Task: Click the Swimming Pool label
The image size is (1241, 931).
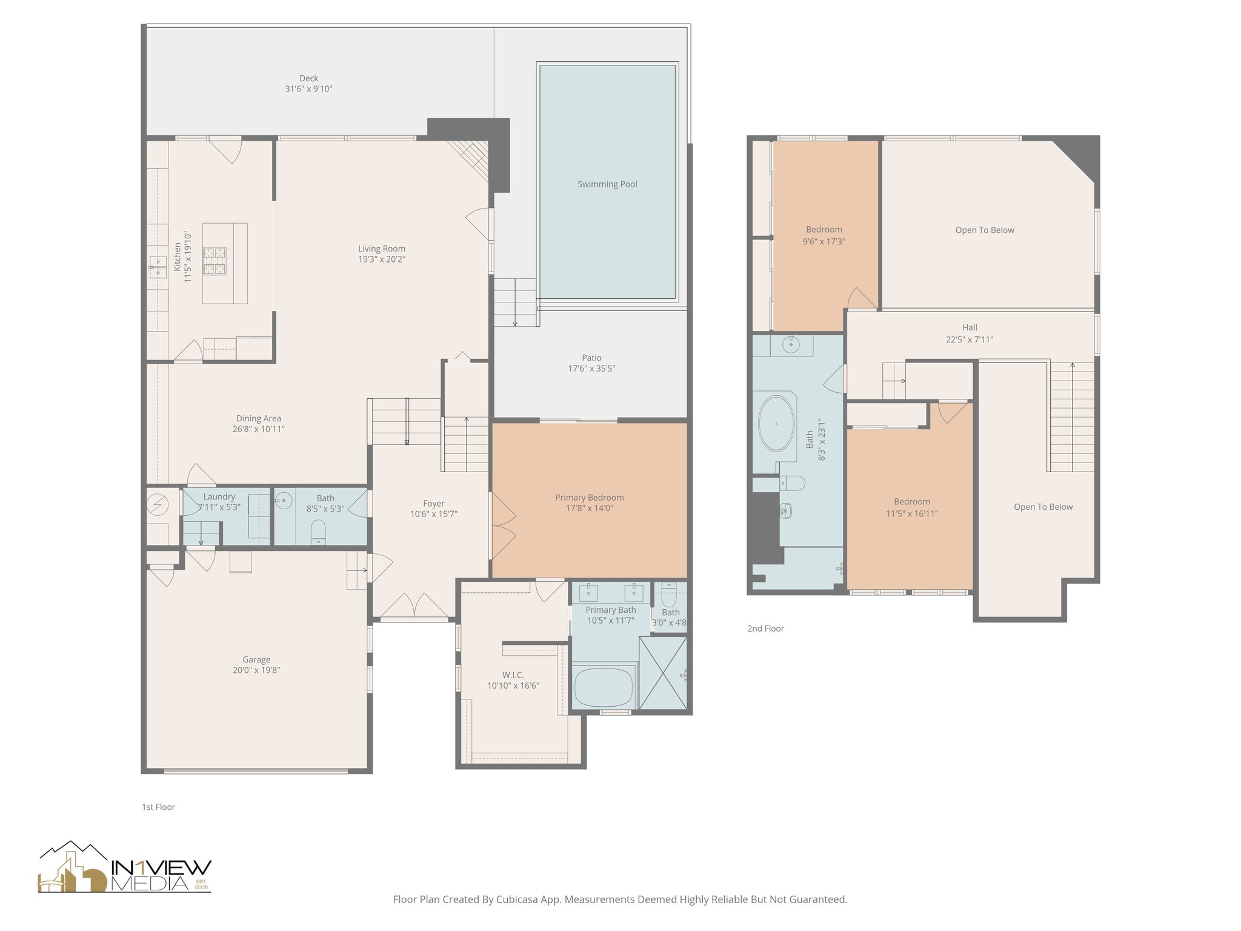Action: [x=607, y=184]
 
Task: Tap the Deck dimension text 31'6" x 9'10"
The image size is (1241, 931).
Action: [x=308, y=89]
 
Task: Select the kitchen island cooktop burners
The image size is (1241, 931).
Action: [x=214, y=261]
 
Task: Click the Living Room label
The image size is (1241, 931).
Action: [x=381, y=249]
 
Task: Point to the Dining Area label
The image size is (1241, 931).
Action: [x=258, y=418]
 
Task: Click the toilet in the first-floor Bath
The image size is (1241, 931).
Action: [x=318, y=532]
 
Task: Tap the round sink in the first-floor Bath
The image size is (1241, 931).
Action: [x=283, y=501]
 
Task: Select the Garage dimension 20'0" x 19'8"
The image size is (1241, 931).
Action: [x=256, y=670]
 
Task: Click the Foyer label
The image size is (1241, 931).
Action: [x=433, y=504]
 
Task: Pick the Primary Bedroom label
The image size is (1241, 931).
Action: [x=589, y=498]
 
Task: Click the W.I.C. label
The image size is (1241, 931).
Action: [x=513, y=675]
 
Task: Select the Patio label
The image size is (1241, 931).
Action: [x=591, y=358]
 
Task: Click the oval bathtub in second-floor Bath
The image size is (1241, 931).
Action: [x=776, y=423]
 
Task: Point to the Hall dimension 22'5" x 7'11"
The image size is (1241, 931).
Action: [x=970, y=339]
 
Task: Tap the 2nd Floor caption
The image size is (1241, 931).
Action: [x=765, y=629]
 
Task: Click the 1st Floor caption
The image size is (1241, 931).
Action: [x=158, y=807]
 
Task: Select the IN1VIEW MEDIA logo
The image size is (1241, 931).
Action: [x=124, y=869]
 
